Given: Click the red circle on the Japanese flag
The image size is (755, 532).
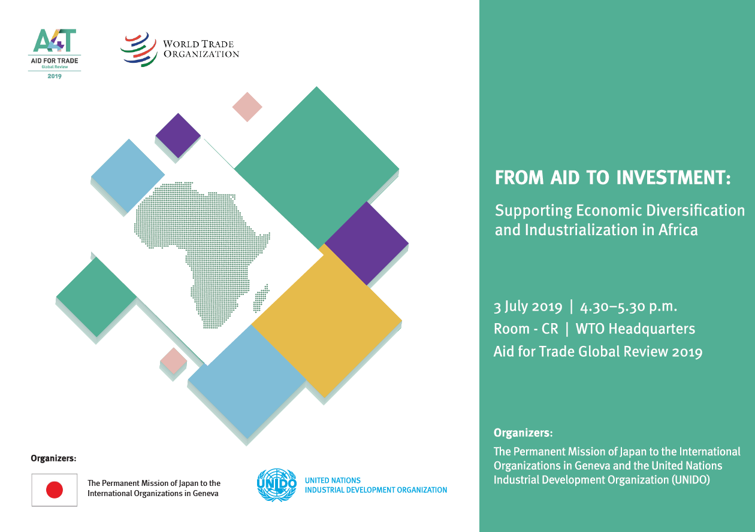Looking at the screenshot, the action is click(55, 490).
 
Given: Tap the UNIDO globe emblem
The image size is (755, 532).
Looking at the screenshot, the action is click(277, 485).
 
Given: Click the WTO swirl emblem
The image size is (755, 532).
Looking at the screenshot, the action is click(139, 49).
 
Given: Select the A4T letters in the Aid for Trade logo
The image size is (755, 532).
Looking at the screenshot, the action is click(55, 41).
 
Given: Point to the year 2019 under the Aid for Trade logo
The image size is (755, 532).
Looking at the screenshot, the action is click(55, 76).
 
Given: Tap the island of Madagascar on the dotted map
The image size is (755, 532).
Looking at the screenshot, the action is click(261, 299).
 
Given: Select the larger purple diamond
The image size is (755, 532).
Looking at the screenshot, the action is click(366, 243).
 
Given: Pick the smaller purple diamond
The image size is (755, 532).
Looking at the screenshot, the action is click(178, 135).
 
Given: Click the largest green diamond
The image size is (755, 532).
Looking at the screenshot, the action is click(316, 168).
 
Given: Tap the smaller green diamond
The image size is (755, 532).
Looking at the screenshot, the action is click(96, 297).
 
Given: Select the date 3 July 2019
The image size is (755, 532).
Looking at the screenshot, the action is click(528, 307).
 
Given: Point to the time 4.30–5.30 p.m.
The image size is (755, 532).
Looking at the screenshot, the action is click(629, 307).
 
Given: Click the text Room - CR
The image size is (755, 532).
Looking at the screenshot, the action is click(526, 329).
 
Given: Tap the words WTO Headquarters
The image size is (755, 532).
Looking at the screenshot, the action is click(635, 329).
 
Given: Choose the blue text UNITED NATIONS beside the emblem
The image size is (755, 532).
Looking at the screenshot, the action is click(333, 481).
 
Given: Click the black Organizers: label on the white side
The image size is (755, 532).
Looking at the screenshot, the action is click(53, 458).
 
